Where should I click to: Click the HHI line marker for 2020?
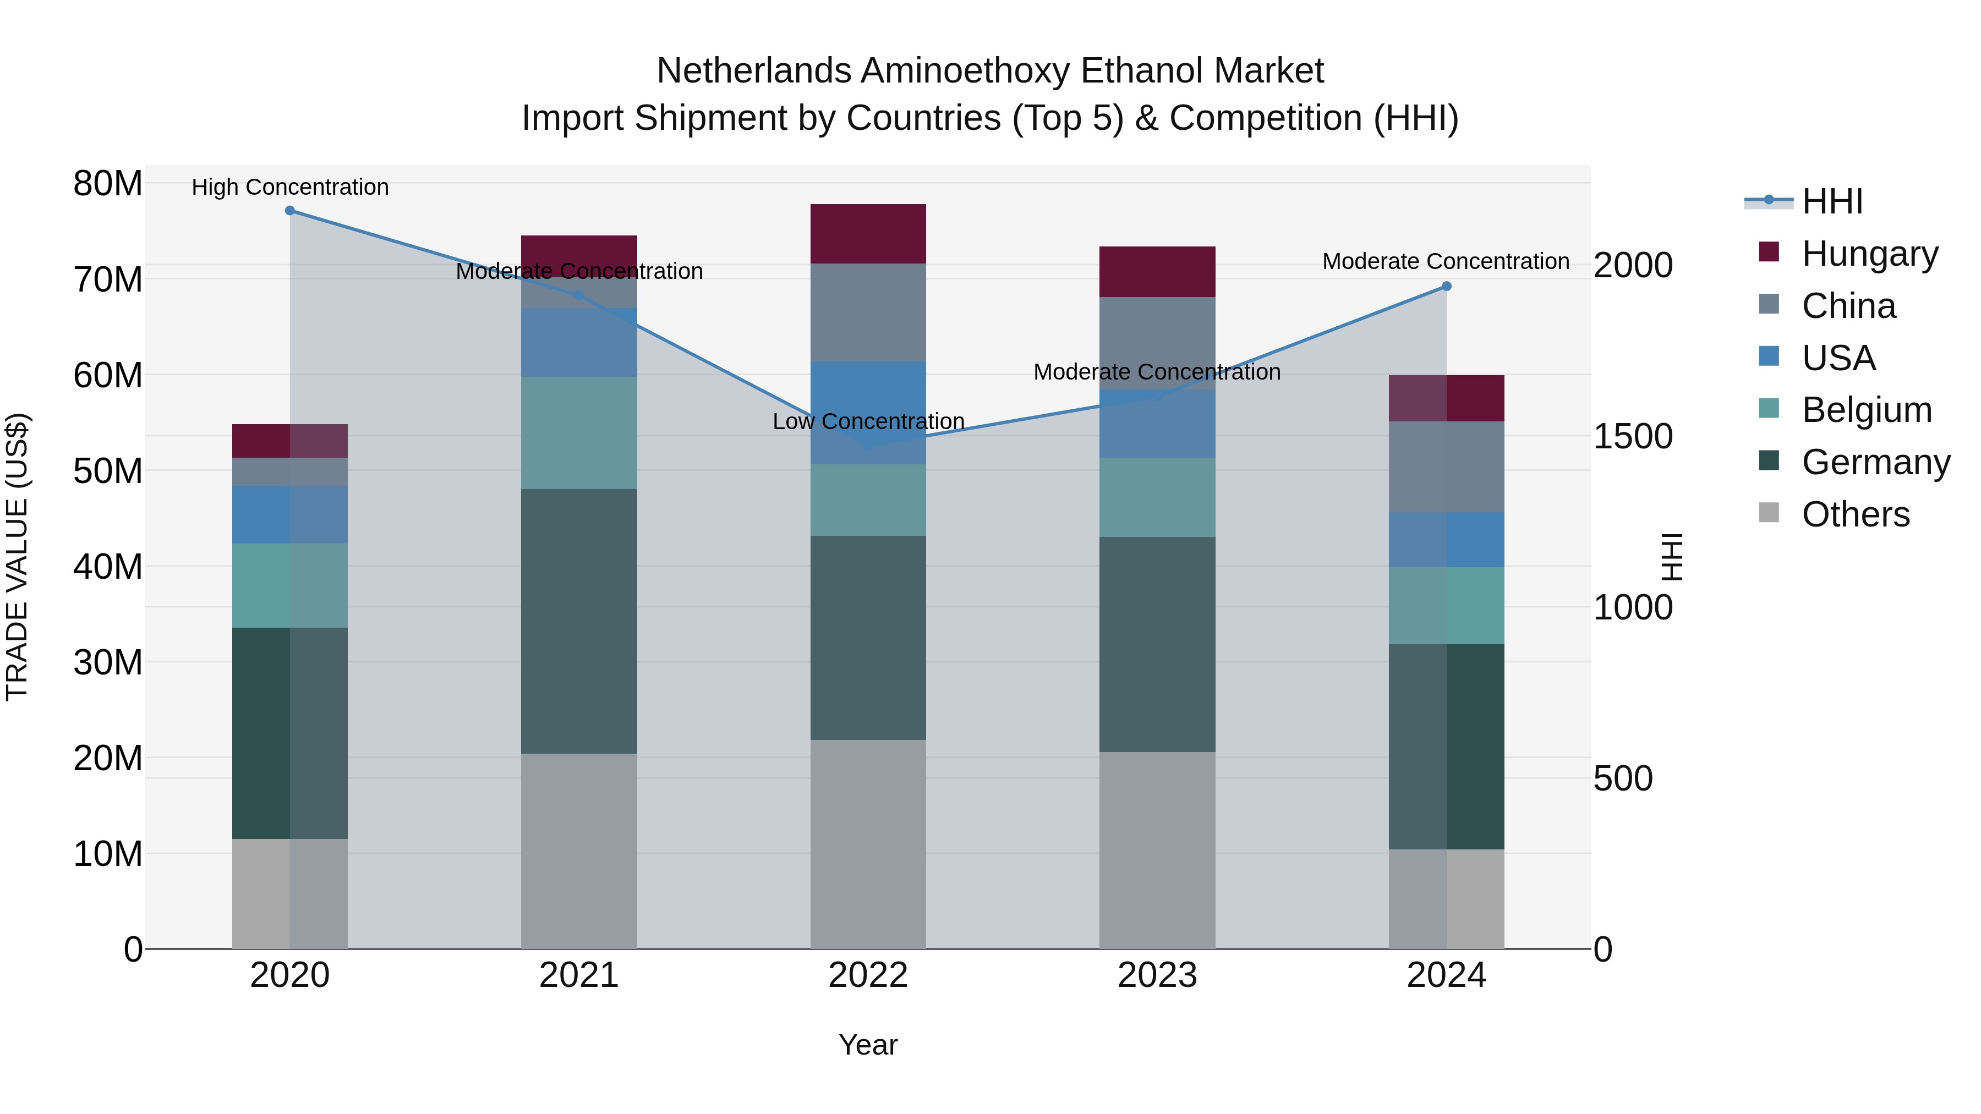click(x=290, y=211)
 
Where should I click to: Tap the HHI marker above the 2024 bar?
click(x=1447, y=286)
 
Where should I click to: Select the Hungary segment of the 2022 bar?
click(x=868, y=234)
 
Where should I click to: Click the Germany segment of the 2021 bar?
click(x=579, y=621)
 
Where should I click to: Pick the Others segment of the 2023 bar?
click(x=1157, y=849)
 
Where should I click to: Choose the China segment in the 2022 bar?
click(x=868, y=312)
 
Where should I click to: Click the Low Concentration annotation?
click(x=868, y=421)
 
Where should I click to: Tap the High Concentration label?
click(x=290, y=187)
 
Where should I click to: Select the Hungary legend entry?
click(x=1869, y=253)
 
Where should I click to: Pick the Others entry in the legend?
click(x=1855, y=514)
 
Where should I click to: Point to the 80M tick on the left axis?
click(x=108, y=184)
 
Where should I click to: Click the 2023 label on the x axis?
click(x=1157, y=975)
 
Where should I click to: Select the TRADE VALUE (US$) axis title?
click(x=17, y=557)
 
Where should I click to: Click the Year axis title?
click(x=868, y=1045)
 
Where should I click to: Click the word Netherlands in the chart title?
click(x=753, y=71)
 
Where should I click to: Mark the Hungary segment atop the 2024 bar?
click(x=1447, y=398)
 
